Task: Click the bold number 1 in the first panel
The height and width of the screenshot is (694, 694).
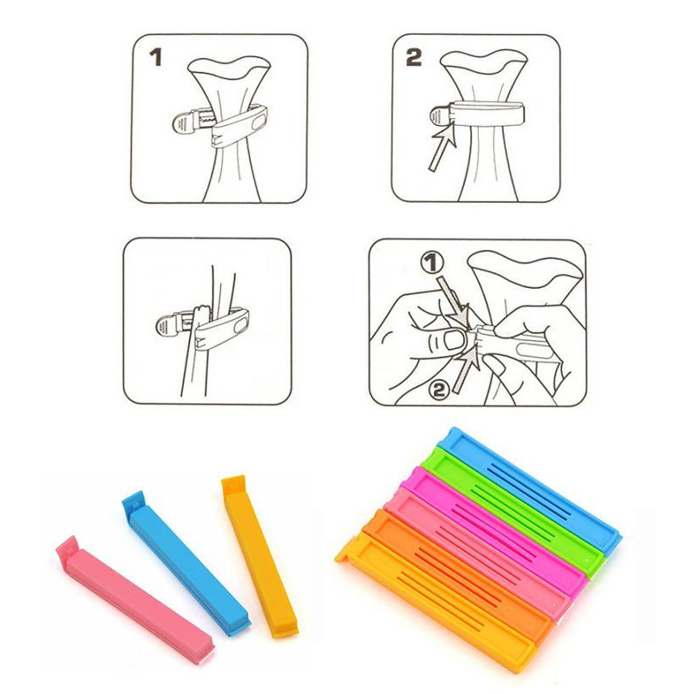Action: [x=156, y=57]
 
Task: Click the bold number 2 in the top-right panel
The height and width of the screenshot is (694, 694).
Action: [x=414, y=57]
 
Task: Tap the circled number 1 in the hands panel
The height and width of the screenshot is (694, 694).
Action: [x=431, y=263]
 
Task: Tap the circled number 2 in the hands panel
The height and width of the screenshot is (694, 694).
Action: [x=439, y=390]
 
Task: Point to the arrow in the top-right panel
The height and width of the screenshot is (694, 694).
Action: [x=442, y=147]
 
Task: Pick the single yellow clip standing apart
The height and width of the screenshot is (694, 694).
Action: [x=259, y=556]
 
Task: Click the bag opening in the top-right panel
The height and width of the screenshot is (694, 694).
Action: [x=485, y=62]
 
